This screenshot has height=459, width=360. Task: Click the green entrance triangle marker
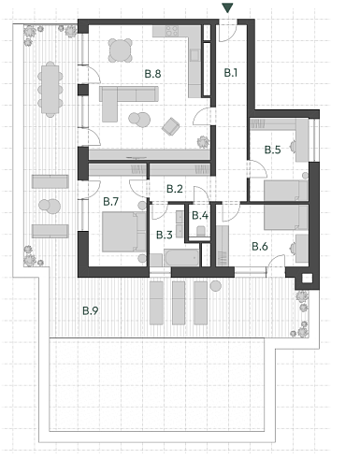[x=226, y=9]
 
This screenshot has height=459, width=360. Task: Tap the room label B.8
[x=152, y=72]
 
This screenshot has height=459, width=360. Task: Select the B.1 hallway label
[x=232, y=72]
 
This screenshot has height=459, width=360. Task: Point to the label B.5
[x=272, y=150]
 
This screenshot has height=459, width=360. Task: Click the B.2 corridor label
[x=174, y=189]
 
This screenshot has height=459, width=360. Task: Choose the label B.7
[x=110, y=201]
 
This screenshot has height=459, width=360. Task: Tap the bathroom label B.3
[x=165, y=235]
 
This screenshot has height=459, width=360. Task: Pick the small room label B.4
[x=199, y=216]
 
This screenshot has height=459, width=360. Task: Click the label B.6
[x=260, y=246]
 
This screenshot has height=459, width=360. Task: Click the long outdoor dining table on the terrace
[x=49, y=90]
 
